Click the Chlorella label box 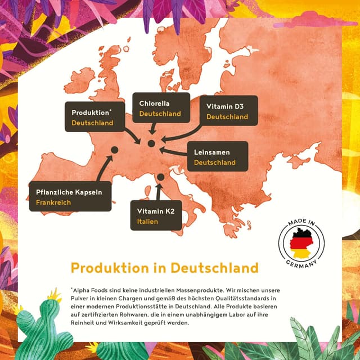pos(160,109)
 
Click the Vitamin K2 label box pos(156,215)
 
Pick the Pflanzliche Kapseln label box pos(70,196)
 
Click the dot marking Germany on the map pos(151,143)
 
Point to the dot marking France pos(114,150)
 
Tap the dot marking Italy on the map pos(160,177)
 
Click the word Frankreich pos(53,202)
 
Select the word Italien pos(147,222)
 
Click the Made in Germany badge pos(302,242)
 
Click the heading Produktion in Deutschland pos(164,267)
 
